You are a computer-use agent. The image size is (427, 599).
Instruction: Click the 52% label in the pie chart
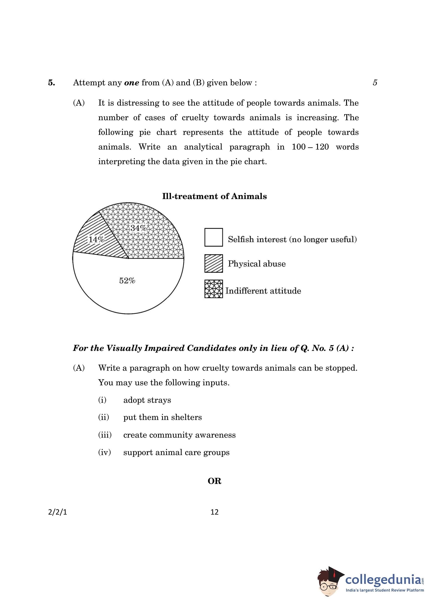point(127,281)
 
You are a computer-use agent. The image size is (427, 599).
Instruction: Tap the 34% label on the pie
point(138,228)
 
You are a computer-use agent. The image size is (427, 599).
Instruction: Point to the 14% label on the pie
point(96,240)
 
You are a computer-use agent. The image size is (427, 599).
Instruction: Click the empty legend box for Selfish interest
point(213,237)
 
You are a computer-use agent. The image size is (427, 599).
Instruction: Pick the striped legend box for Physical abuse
point(213,263)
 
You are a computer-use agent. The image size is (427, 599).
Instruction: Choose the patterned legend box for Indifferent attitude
point(213,289)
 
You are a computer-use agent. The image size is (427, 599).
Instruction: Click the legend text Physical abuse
point(257,264)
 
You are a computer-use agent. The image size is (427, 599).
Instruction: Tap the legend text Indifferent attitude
point(263,291)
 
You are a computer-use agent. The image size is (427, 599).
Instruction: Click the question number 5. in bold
point(52,83)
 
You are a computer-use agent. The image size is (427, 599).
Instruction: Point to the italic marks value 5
point(375,83)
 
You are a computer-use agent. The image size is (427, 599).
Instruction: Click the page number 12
point(215,512)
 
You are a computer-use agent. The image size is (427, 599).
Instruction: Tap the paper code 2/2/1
point(58,512)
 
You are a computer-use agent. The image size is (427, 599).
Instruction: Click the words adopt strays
point(147,400)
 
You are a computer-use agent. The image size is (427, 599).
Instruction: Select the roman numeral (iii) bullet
point(105,435)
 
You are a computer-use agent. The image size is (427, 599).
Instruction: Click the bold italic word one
point(131,83)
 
